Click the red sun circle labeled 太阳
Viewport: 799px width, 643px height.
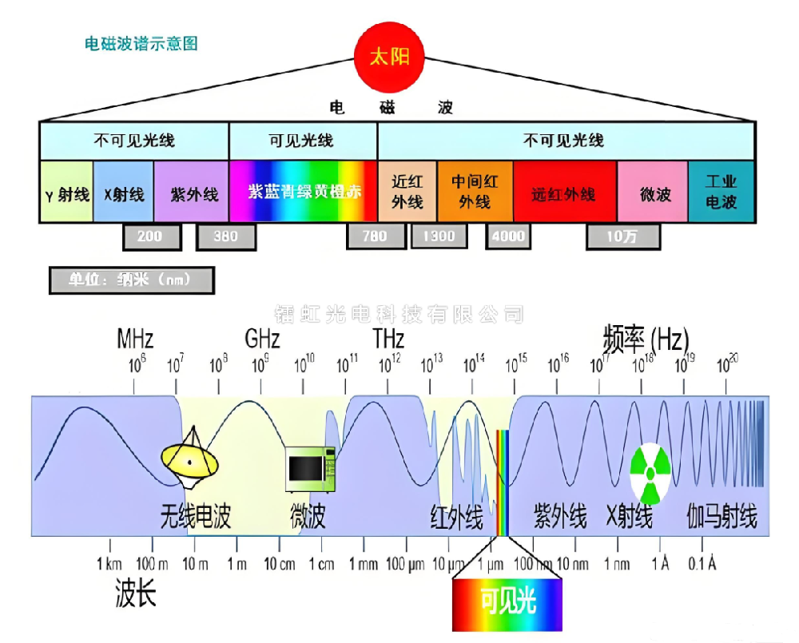pyautogui.click(x=389, y=58)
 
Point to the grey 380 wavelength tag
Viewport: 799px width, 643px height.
pyautogui.click(x=226, y=236)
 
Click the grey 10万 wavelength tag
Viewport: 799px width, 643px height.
pyautogui.click(x=622, y=236)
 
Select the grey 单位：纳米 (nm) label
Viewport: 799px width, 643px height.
pyautogui.click(x=131, y=280)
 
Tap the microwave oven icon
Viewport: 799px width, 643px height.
pyautogui.click(x=311, y=468)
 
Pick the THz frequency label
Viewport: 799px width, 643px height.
pyautogui.click(x=389, y=339)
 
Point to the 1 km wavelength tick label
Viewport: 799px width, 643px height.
pyautogui.click(x=109, y=565)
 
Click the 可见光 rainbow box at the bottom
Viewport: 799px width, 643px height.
pyautogui.click(x=507, y=603)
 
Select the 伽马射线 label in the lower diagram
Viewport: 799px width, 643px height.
pyautogui.click(x=721, y=518)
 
